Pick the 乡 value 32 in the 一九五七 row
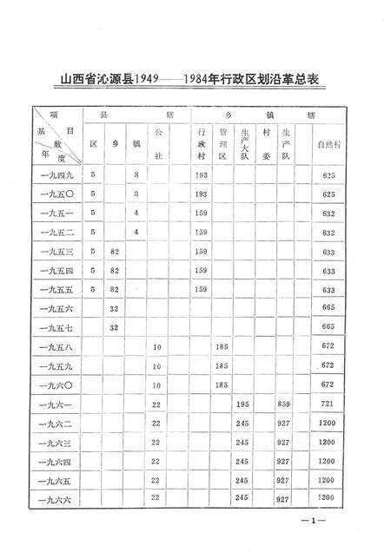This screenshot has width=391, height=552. click(113, 327)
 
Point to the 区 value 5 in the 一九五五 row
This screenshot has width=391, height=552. click(92, 289)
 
